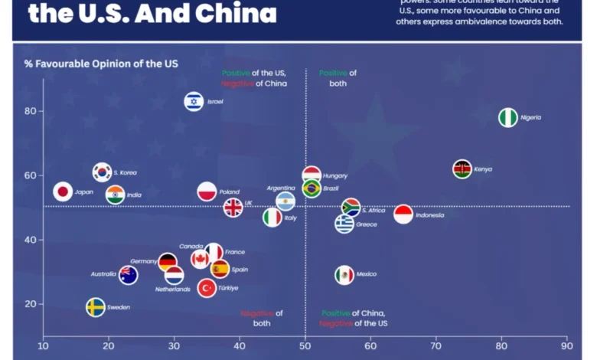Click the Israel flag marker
[x=194, y=101]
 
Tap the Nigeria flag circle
[x=507, y=117]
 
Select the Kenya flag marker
[x=462, y=169]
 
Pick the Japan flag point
[x=63, y=192]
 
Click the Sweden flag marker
[x=95, y=307]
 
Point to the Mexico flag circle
[x=344, y=274]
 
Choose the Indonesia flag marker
[x=403, y=215]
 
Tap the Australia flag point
[x=128, y=275]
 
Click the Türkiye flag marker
[x=206, y=288]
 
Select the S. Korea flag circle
[x=102, y=172]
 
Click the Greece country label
[x=366, y=224]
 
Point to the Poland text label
[x=229, y=192]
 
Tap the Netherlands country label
[x=172, y=289]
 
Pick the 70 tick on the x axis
[x=436, y=345]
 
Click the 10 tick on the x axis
[x=43, y=345]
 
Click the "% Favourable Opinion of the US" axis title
[x=101, y=64]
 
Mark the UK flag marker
[x=233, y=207]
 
